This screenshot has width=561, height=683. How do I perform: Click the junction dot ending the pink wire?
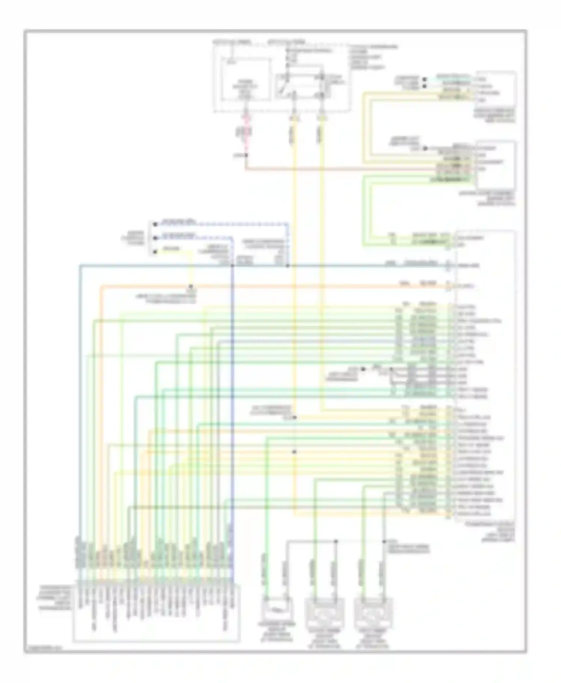[246, 155]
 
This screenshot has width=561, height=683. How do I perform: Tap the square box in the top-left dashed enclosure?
[246, 79]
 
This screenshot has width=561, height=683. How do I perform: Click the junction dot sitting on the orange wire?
[191, 287]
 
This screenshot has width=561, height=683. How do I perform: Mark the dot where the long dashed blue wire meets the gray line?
[288, 266]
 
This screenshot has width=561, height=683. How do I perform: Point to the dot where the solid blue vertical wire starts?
[232, 266]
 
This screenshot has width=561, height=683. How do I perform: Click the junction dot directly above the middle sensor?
[336, 541]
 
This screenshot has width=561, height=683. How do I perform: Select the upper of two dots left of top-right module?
[424, 79]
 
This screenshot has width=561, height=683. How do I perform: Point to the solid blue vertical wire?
[232, 411]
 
